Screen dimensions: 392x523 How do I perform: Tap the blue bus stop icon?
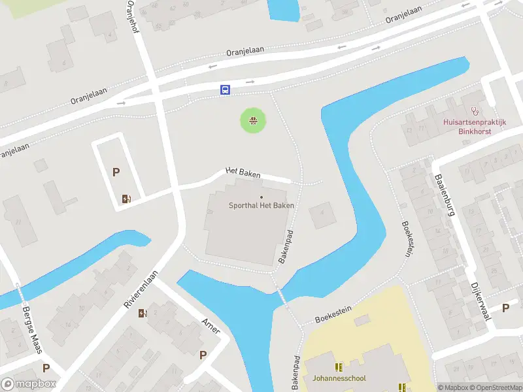click(x=224, y=90)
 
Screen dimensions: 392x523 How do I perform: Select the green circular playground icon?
click(x=252, y=120)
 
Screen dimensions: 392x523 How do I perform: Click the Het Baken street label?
click(x=243, y=172)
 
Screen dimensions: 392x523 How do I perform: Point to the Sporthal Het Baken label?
click(x=261, y=205)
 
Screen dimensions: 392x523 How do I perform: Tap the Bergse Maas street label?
click(x=31, y=330)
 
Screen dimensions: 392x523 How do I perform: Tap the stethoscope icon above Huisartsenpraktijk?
click(x=474, y=111)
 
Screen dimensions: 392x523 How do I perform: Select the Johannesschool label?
click(x=339, y=378)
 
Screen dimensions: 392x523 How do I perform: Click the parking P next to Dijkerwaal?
click(x=505, y=308)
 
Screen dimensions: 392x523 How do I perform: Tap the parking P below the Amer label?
click(x=203, y=355)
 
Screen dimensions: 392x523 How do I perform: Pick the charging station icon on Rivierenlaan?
click(x=143, y=313)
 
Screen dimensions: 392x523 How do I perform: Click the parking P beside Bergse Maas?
click(x=46, y=368)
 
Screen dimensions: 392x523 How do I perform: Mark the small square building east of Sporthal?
click(x=321, y=216)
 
